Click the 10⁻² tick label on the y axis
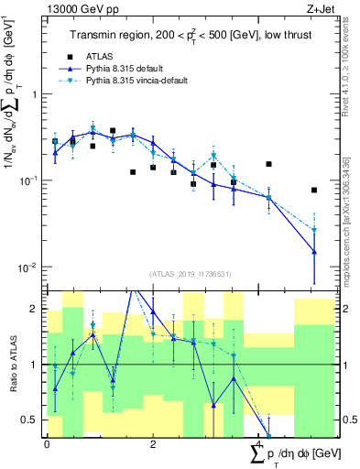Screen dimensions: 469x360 31,267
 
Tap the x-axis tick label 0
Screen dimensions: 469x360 47,443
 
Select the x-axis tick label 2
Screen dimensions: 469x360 152,443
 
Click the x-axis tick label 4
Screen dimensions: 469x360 258,443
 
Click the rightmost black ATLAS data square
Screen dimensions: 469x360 314,191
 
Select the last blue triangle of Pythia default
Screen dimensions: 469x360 314,252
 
